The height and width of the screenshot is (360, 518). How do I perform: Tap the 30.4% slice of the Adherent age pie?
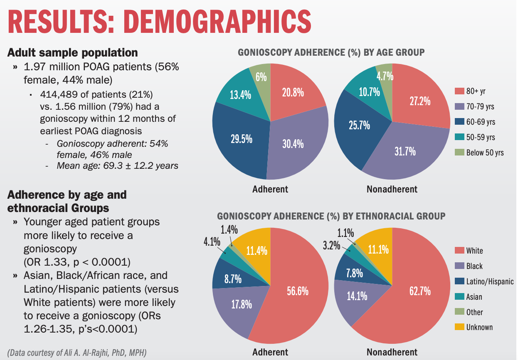(x=292, y=145)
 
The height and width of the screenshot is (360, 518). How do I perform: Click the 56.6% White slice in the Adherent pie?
(x=297, y=291)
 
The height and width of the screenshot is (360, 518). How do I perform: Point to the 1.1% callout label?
(x=346, y=233)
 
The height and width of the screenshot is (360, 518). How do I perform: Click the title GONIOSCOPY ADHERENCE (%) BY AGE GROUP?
(x=331, y=52)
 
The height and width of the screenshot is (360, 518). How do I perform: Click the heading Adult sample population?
(x=73, y=53)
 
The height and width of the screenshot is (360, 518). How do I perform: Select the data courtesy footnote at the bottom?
(x=76, y=353)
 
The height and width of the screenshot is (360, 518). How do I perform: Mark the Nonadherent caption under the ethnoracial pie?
(x=392, y=352)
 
